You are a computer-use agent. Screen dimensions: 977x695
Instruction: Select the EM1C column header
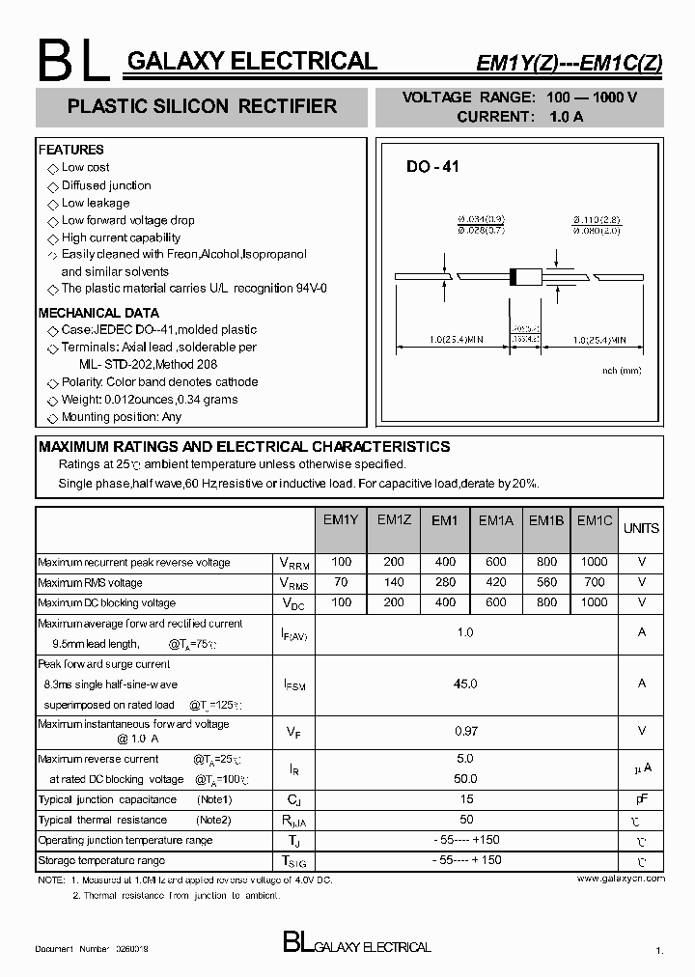595,520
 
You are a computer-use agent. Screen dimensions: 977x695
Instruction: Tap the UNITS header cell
641,528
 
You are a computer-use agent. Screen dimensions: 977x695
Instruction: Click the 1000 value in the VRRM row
595,562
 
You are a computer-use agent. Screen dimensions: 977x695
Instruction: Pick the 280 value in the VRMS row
445,582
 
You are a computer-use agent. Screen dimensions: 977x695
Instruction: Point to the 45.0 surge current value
465,684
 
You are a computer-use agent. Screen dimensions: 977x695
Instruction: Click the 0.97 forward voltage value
465,732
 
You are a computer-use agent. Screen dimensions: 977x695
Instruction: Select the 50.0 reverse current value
465,778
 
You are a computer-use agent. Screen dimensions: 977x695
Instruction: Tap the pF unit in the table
641,799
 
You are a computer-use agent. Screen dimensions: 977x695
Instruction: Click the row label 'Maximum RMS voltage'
90,583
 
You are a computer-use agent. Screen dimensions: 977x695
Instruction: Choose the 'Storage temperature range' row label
101,860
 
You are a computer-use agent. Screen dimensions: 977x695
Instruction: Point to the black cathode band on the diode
514,276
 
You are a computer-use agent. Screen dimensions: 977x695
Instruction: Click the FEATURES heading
70,150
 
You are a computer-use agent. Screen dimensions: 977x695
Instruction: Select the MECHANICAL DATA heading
98,313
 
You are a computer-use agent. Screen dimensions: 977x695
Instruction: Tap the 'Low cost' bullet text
85,168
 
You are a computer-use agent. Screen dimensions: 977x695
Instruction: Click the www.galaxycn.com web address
621,879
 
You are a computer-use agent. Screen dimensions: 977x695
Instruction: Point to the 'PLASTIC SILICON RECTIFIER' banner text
202,106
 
